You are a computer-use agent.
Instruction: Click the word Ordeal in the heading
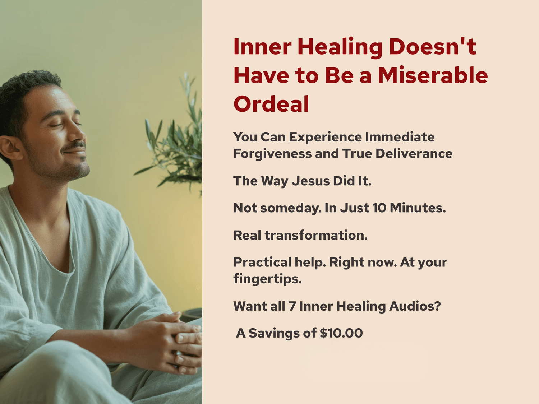click(271, 104)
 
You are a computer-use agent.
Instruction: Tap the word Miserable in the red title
click(433, 75)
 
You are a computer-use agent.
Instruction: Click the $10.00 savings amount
click(341, 333)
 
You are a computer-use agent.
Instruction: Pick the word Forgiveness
click(272, 154)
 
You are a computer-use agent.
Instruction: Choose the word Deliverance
click(414, 154)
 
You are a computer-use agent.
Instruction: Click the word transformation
click(316, 235)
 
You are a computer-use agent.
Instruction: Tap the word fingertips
click(267, 279)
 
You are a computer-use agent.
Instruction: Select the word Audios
click(415, 306)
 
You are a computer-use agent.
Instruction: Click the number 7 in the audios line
click(292, 306)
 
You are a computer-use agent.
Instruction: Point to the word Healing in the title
click(340, 48)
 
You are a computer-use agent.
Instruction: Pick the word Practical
click(262, 262)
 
